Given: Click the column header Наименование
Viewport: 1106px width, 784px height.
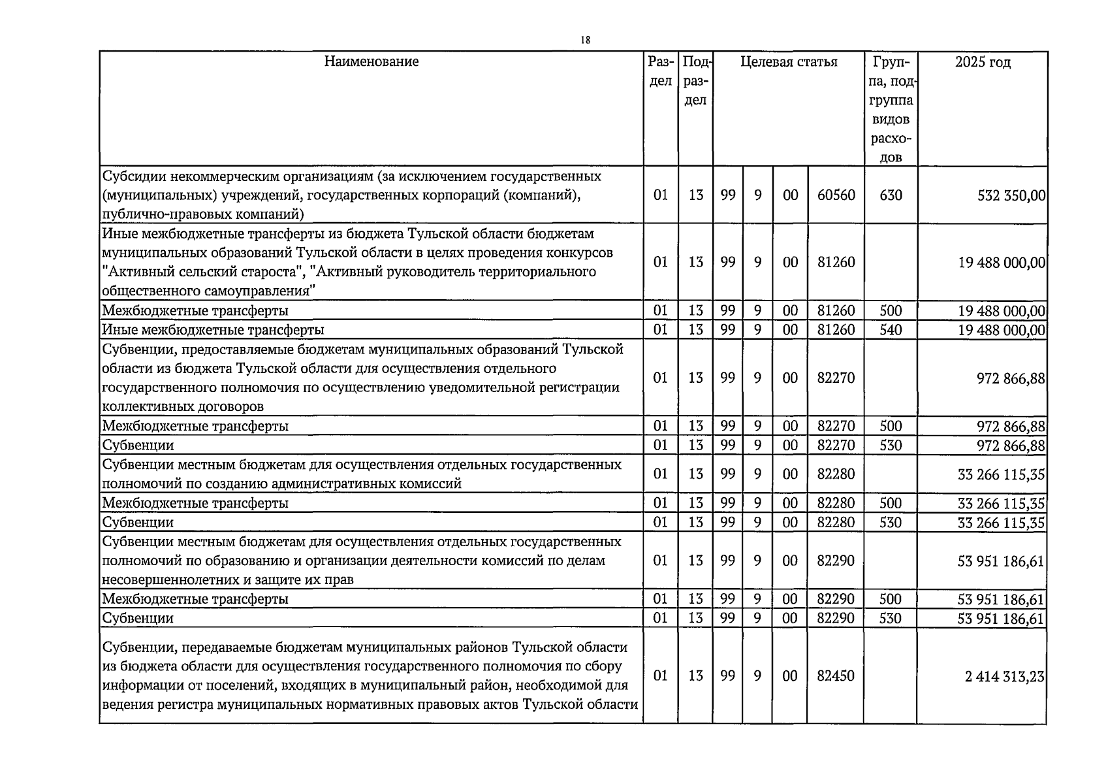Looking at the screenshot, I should (x=371, y=62).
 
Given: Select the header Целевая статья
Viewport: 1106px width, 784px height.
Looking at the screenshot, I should (x=789, y=62).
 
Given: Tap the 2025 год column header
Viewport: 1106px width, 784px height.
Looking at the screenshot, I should (x=982, y=62).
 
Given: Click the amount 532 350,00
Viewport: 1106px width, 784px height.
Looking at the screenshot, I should (x=1011, y=195).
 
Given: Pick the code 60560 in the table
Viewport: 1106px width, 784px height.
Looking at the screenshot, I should (x=836, y=195).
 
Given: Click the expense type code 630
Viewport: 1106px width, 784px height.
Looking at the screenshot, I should (x=891, y=195).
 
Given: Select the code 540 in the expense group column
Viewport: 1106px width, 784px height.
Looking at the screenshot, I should (x=891, y=330).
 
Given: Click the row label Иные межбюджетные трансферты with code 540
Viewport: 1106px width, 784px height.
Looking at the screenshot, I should (x=213, y=330).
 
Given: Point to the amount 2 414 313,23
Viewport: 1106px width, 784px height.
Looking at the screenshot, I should (x=1005, y=676).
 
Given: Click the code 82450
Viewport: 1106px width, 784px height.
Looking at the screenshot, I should (x=836, y=676).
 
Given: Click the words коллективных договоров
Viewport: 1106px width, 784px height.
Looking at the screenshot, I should (x=183, y=406).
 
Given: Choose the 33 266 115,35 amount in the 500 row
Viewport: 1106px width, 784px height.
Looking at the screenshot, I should (x=1001, y=503).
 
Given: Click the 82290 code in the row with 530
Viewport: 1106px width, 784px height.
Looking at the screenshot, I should (x=836, y=619).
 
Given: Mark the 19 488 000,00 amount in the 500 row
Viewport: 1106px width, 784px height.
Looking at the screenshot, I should (x=1001, y=311).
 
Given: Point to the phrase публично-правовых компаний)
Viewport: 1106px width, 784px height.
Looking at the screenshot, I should (x=203, y=214).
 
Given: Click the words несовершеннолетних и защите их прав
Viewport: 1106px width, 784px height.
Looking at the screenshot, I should (x=228, y=580).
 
